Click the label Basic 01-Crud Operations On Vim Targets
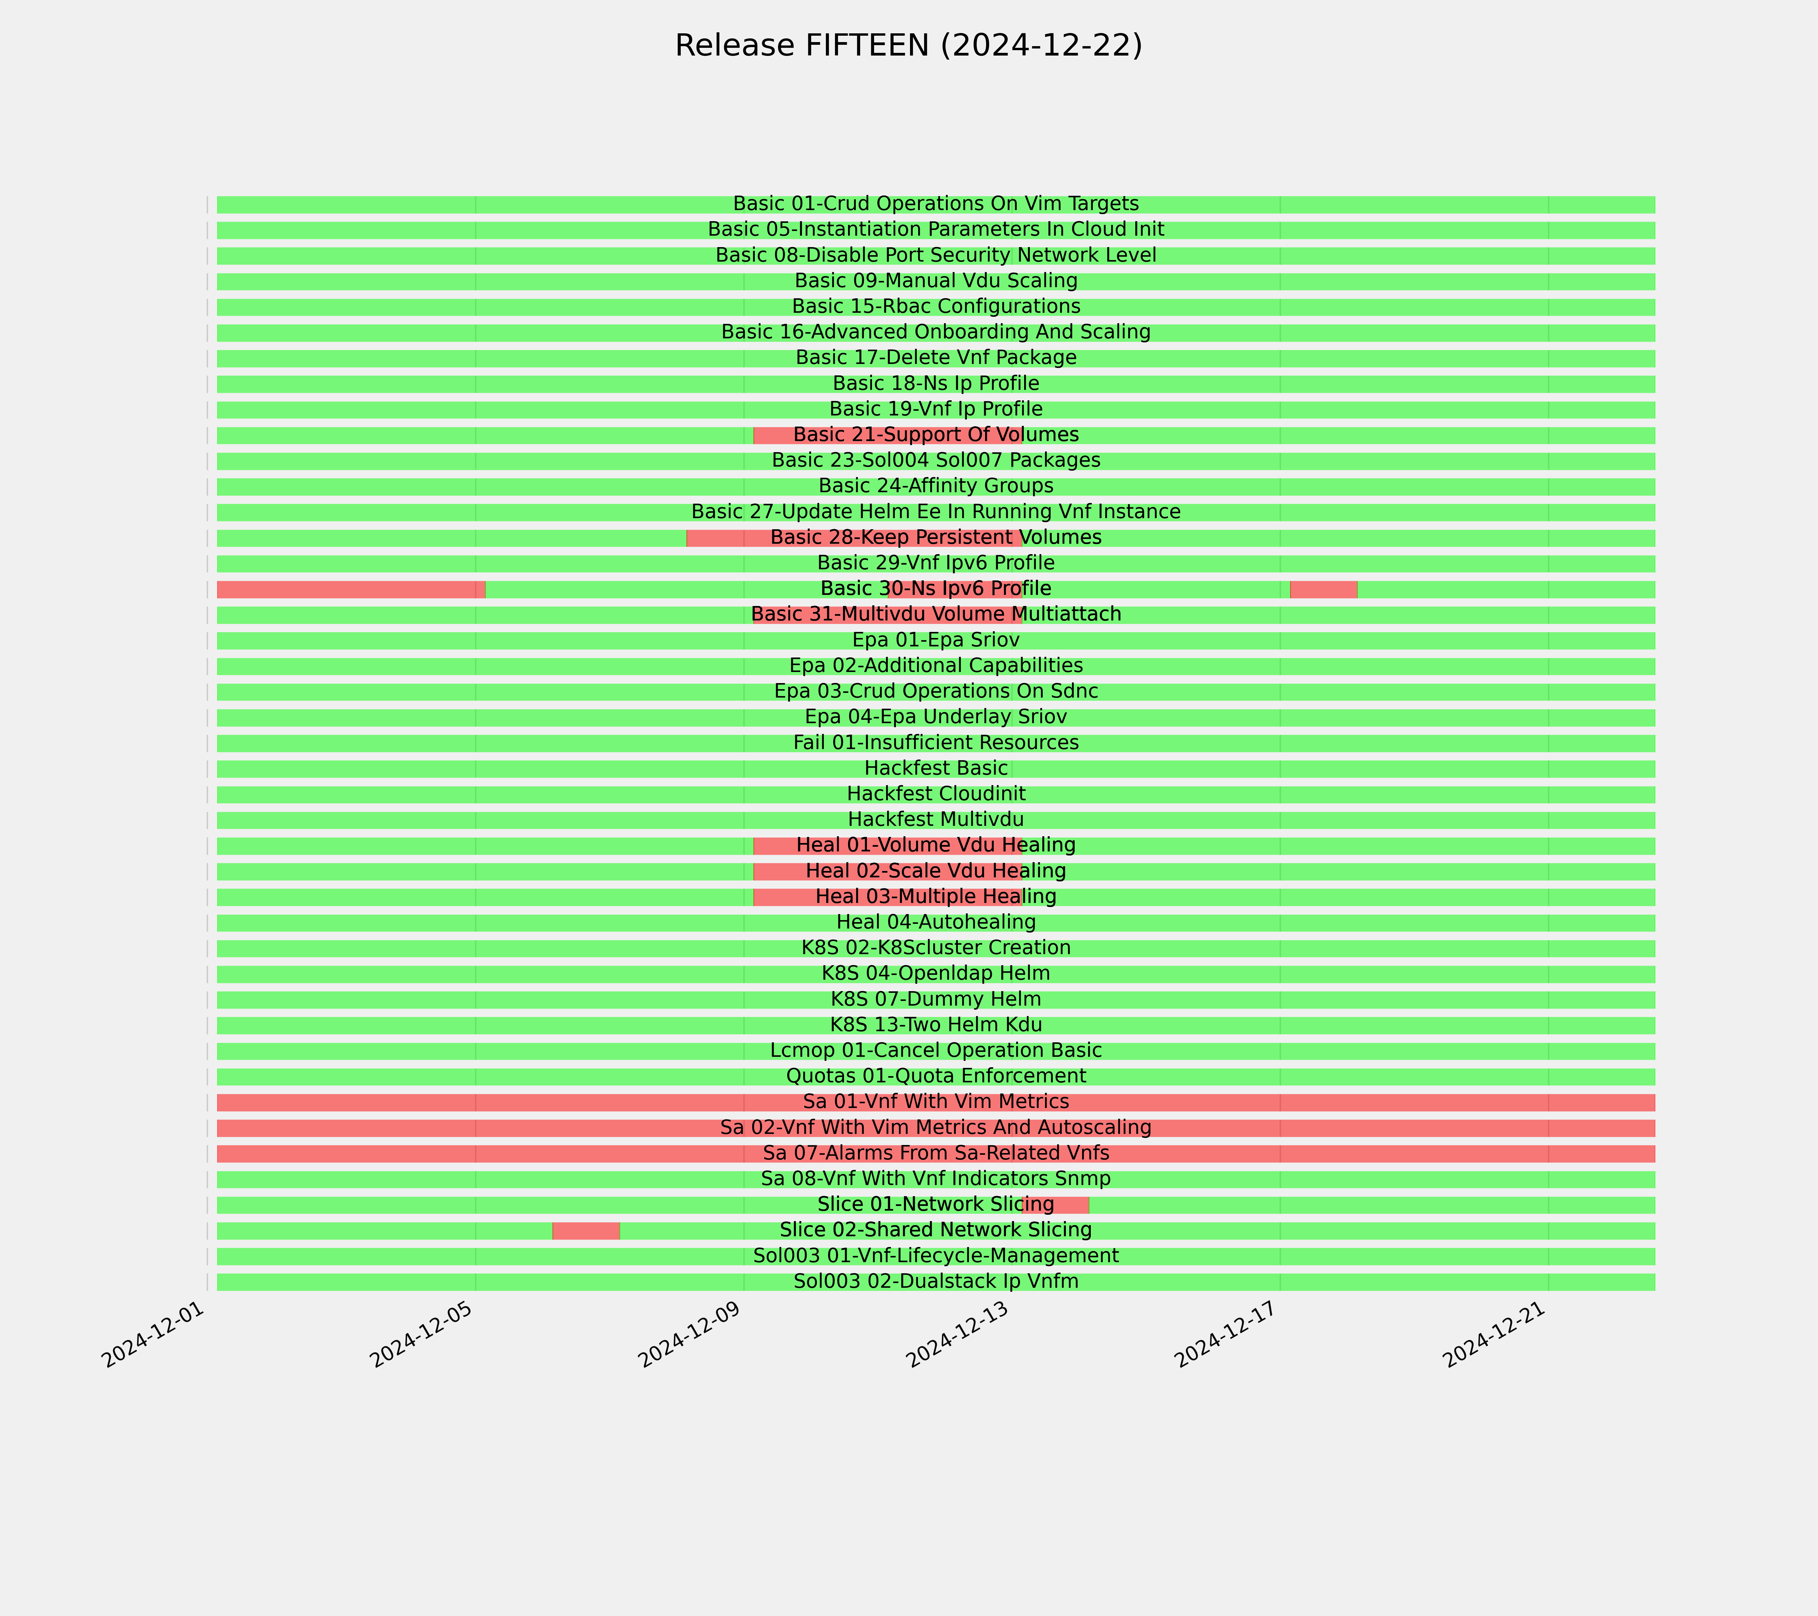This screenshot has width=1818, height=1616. pos(936,204)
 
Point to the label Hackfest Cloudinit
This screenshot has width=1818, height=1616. pos(936,793)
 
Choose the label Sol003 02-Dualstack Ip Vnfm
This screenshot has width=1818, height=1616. pos(936,1282)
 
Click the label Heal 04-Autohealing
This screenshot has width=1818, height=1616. pos(936,922)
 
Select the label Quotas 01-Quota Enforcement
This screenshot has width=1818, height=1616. pos(936,1076)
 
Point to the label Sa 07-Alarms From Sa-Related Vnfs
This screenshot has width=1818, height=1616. pos(936,1153)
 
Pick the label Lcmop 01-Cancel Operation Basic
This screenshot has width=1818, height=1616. pos(936,1050)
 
